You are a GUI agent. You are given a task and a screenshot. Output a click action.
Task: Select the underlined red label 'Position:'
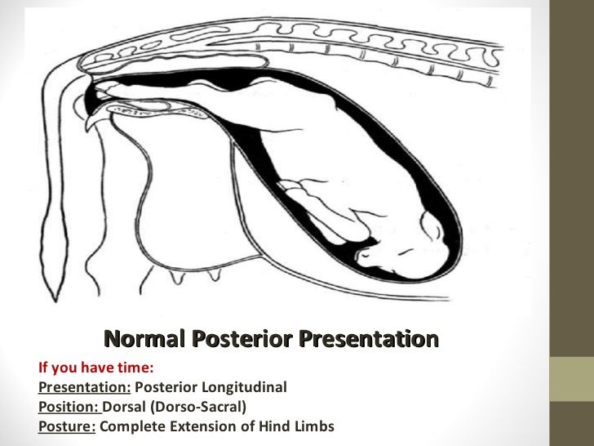69,407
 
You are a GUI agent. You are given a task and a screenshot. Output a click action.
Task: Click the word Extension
195,426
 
